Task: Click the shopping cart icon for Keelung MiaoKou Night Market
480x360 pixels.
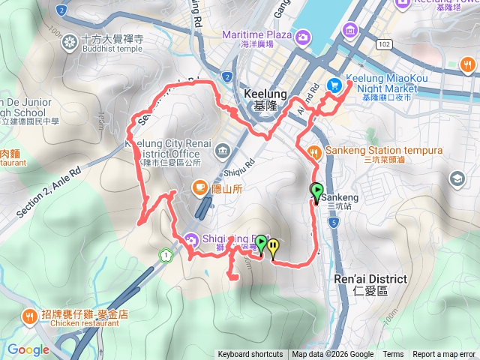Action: [334, 85]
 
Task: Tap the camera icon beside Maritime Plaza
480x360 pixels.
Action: [303, 36]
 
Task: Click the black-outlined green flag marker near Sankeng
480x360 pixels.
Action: [316, 191]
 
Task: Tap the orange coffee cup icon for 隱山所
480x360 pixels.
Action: [199, 187]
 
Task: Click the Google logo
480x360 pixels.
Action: [28, 349]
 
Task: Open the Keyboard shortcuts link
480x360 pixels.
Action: [250, 355]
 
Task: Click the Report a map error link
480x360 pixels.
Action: [444, 355]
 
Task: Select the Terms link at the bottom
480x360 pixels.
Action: [393, 355]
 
